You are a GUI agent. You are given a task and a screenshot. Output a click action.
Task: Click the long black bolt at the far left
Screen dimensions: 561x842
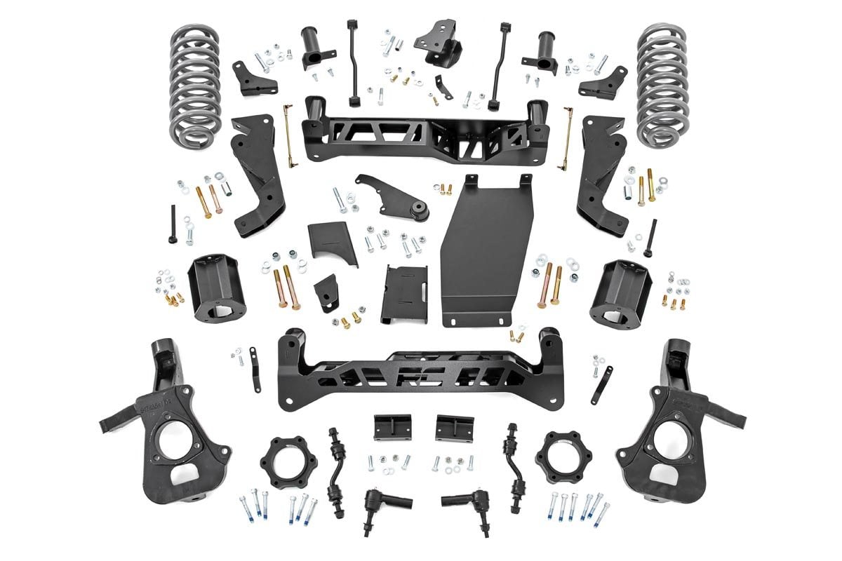click(x=173, y=224)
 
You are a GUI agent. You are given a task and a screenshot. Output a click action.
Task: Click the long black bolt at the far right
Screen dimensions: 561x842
click(x=653, y=238)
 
